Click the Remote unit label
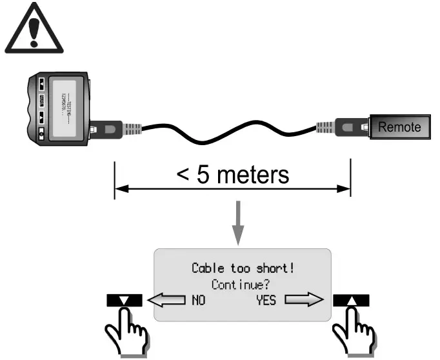[399, 127]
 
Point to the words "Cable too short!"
[243, 268]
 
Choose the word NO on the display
[197, 300]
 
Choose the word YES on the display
[267, 300]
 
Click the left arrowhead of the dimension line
[119, 189]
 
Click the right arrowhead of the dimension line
[345, 189]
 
